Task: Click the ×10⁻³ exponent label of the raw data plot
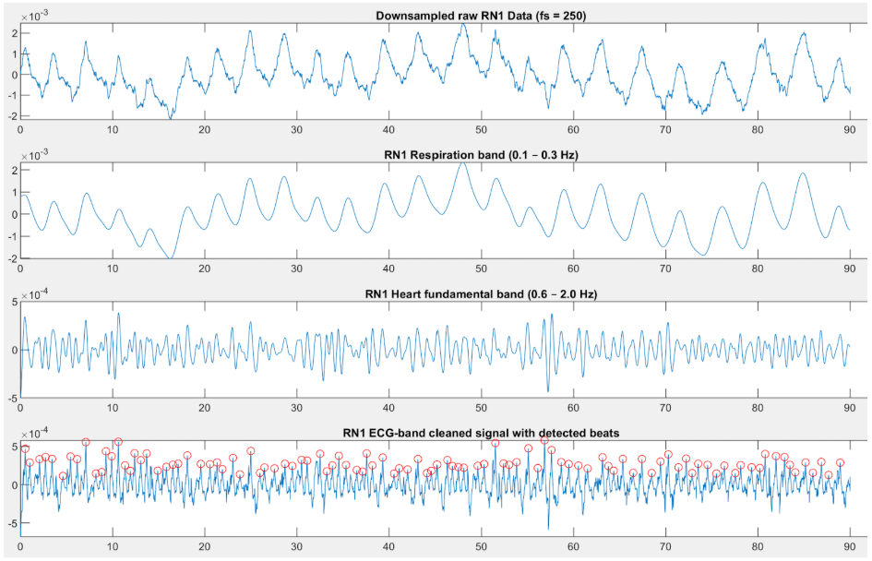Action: (35, 14)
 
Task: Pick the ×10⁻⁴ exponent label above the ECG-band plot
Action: (35, 433)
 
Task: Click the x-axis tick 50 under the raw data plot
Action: (481, 130)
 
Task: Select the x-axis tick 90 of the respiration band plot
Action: (848, 270)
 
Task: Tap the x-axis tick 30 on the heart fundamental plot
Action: (296, 410)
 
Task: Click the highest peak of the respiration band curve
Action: (463, 162)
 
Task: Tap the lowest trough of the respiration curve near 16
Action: (169, 257)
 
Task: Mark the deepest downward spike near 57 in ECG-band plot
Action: (548, 529)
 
